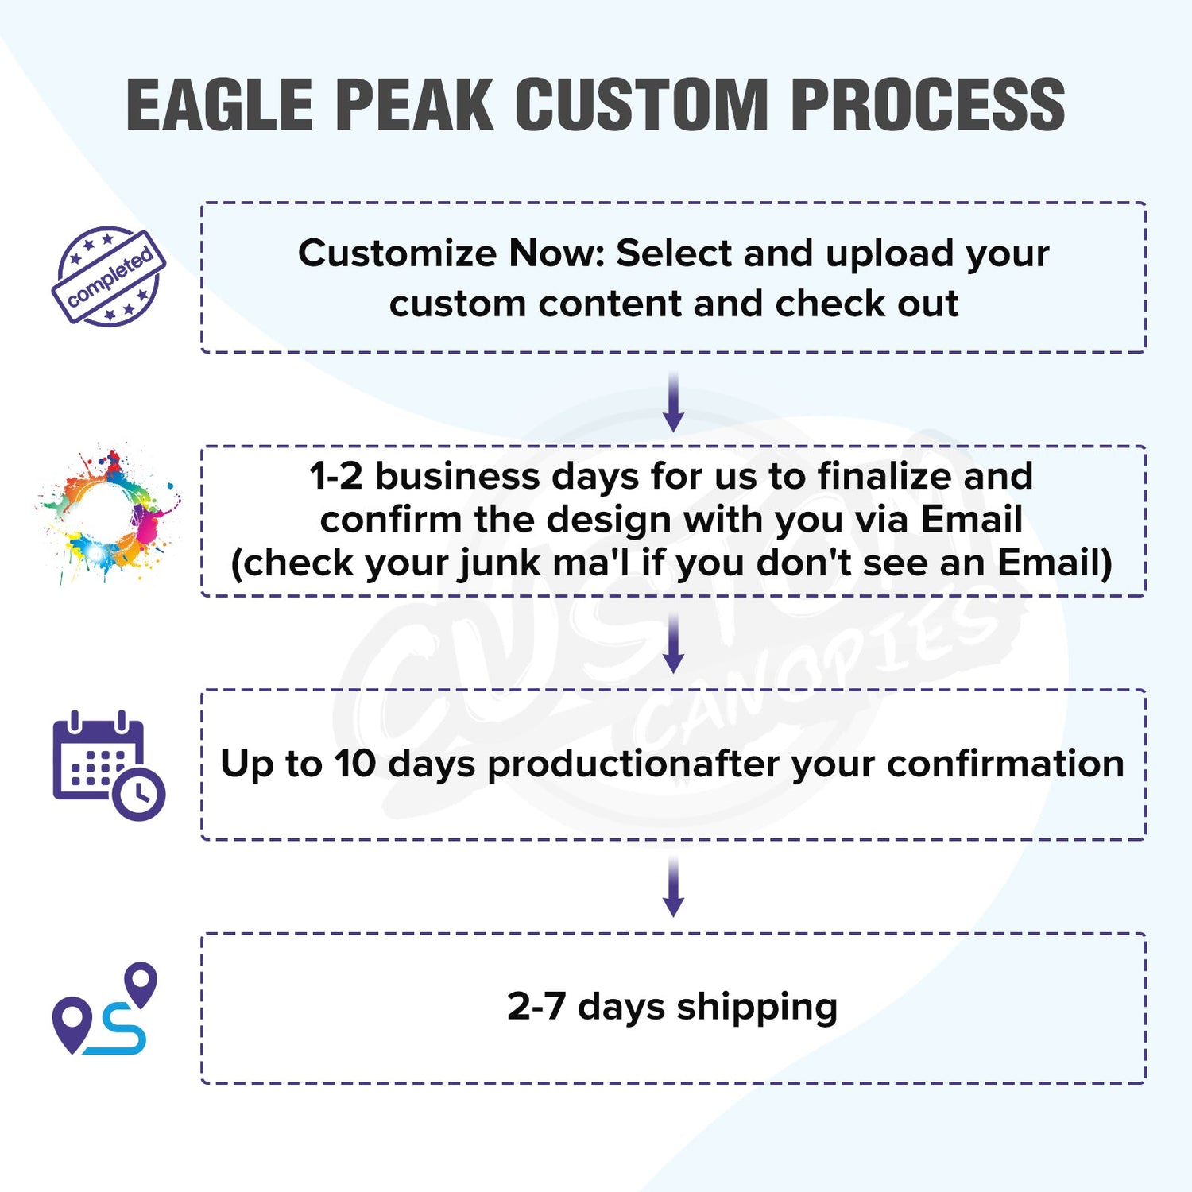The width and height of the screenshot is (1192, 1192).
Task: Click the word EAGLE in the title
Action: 220,104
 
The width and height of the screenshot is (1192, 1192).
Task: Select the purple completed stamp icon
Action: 109,276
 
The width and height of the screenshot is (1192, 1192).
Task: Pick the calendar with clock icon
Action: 109,764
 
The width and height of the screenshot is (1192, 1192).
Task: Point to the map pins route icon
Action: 105,1008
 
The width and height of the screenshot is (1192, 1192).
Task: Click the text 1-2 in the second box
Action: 336,477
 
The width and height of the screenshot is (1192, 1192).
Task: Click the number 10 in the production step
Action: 354,764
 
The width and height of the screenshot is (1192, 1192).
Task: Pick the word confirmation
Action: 1005,763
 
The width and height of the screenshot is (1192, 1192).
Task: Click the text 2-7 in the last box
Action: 536,1007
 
